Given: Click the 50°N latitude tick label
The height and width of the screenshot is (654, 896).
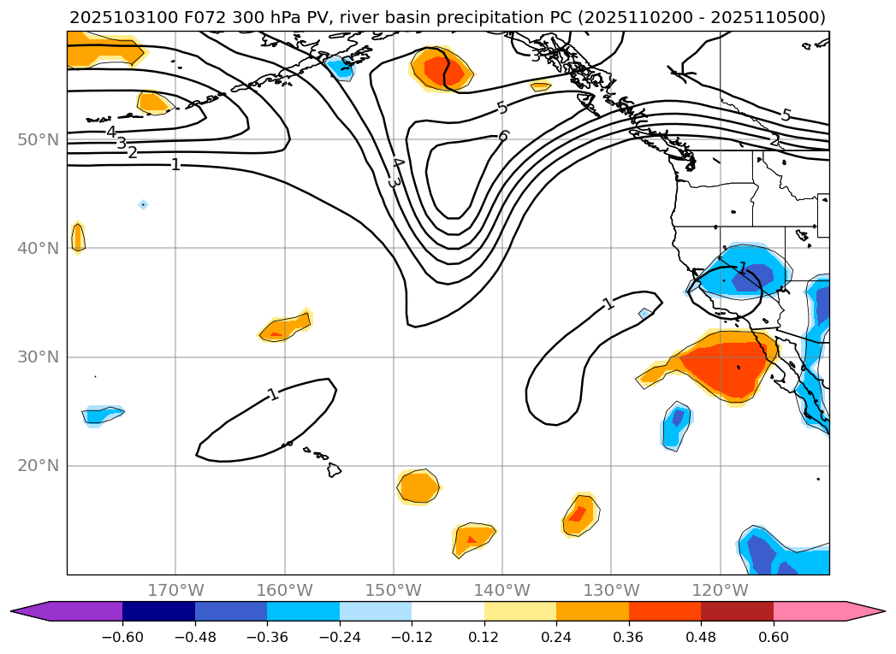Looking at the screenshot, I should pyautogui.click(x=38, y=139).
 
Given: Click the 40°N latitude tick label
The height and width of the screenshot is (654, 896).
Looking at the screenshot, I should pyautogui.click(x=38, y=248).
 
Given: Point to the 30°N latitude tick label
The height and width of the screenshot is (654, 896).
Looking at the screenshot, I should pyautogui.click(x=38, y=356).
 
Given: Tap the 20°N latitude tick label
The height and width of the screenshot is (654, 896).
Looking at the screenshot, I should pyautogui.click(x=38, y=465).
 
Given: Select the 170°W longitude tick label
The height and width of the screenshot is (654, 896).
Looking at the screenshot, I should pyautogui.click(x=175, y=590).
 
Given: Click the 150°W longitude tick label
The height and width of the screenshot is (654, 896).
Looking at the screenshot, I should pyautogui.click(x=393, y=590).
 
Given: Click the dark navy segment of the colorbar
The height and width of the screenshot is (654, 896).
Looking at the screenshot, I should pyautogui.click(x=158, y=611).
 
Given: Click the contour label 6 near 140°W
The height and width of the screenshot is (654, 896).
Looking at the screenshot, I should pyautogui.click(x=503, y=136).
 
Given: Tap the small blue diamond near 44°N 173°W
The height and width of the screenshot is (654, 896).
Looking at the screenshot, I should pyautogui.click(x=143, y=204).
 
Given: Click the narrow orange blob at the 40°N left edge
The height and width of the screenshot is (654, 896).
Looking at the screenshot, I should pyautogui.click(x=78, y=237).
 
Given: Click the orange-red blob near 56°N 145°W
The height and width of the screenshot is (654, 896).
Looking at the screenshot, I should pyautogui.click(x=442, y=68).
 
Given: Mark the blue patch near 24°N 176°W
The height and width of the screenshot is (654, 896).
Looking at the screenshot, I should pyautogui.click(x=103, y=415).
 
